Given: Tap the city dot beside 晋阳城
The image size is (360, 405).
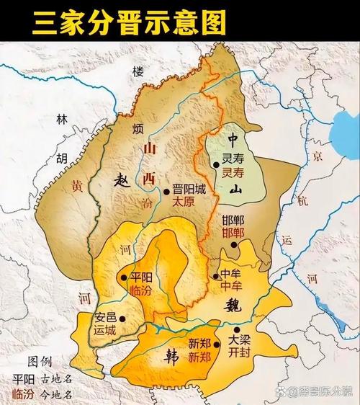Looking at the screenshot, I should point(166,191).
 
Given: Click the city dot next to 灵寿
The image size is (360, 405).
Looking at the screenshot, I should point(215,165).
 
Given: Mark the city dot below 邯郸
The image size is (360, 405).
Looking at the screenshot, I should point(234,246).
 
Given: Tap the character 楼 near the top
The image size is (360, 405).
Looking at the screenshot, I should point(138,71).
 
